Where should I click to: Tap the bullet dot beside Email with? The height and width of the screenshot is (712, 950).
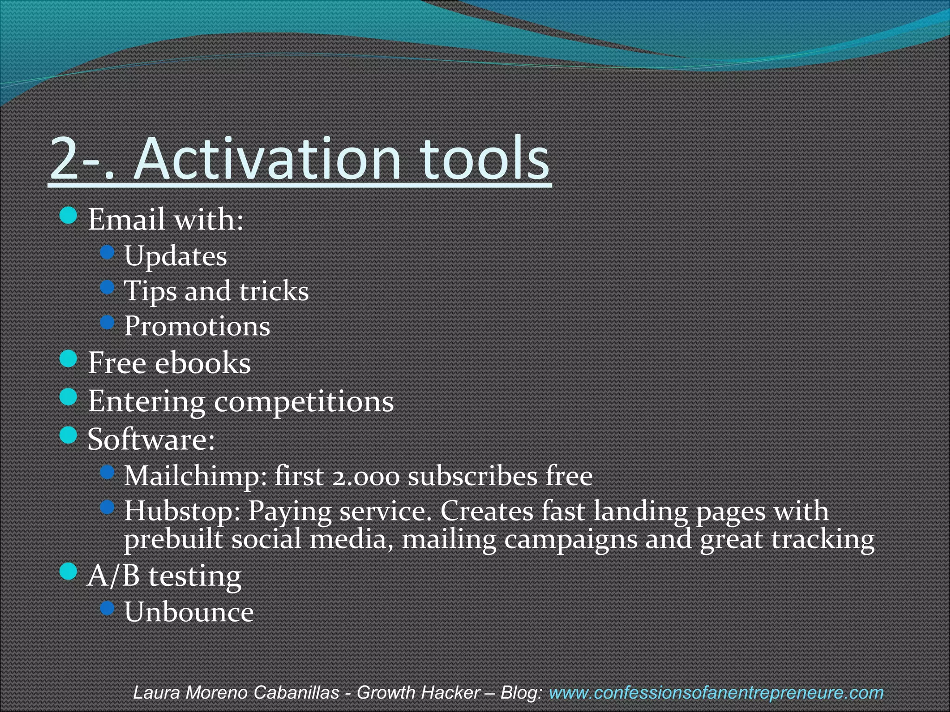coord(69,215)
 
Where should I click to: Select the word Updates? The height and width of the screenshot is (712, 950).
coord(175,256)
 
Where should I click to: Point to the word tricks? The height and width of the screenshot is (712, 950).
coord(274,291)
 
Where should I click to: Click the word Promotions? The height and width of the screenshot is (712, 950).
coord(197,326)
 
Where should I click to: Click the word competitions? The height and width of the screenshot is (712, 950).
coord(303,401)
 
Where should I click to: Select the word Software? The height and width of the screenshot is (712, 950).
coord(151,439)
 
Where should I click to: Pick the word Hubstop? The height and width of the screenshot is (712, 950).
coord(182,511)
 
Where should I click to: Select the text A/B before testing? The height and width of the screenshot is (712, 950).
coord(113,576)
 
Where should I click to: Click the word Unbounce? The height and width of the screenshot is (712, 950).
coord(189,612)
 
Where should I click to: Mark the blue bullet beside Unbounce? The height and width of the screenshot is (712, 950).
coord(107,608)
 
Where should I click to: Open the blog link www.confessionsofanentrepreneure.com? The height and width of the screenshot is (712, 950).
coord(716,693)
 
